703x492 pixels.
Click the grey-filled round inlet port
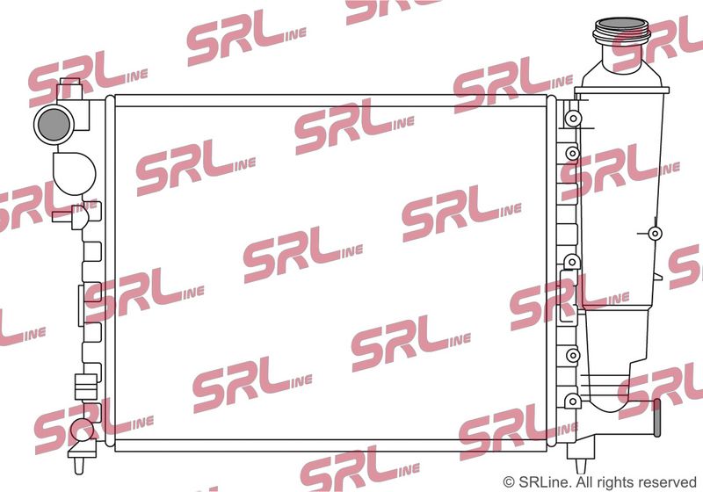point(54,124)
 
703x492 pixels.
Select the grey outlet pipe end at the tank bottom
point(656,417)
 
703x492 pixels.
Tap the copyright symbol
point(509,482)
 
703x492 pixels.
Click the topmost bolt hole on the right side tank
point(573,119)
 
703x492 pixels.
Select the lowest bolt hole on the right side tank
point(573,400)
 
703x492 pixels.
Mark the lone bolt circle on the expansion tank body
point(655,233)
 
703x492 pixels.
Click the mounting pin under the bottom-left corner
point(78,464)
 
